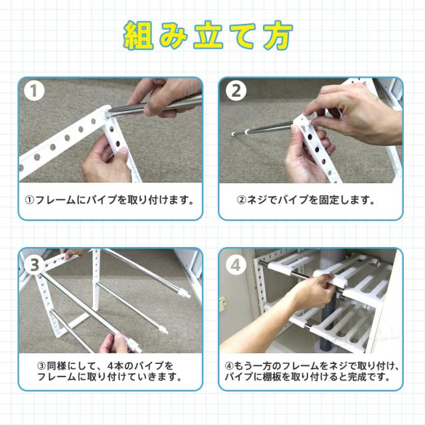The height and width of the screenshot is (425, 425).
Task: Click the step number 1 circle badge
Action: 34,91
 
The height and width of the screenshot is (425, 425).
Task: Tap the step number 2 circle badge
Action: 236,90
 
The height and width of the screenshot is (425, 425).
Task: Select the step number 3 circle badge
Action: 35,265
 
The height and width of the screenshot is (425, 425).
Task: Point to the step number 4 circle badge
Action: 236,264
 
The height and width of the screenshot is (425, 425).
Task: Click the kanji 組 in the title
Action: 139,36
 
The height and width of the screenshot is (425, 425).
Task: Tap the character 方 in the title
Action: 278,36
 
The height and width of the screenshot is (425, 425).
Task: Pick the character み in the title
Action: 173,36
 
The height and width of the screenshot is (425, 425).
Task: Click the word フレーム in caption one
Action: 55,201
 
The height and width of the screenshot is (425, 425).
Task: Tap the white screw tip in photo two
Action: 233,134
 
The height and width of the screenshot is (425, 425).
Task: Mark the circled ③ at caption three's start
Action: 41,367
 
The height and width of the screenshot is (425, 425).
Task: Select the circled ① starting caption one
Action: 29,201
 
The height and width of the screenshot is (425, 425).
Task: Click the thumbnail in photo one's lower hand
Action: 123,152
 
